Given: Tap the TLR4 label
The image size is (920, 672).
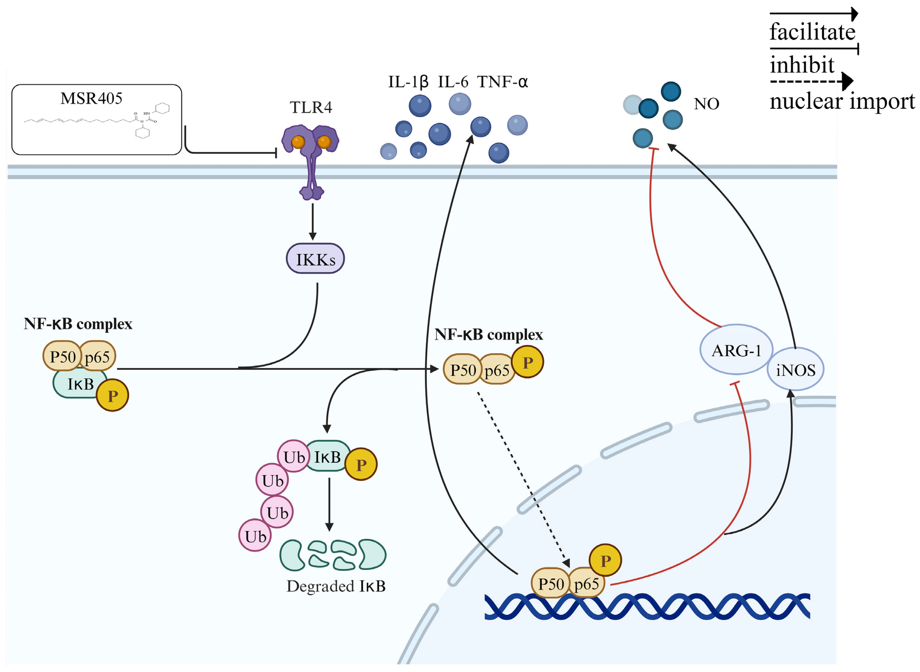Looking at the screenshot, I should (x=311, y=107).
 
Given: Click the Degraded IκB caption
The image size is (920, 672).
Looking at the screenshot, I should (x=336, y=586).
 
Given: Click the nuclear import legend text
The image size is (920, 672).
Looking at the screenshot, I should (x=842, y=101).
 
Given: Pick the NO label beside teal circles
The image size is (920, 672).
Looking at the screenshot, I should (x=706, y=104).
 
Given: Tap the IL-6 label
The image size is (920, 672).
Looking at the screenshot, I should (x=453, y=82).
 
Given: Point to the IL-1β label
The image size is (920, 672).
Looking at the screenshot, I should (x=408, y=82).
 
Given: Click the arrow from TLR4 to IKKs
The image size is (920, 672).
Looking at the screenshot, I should (x=312, y=222).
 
